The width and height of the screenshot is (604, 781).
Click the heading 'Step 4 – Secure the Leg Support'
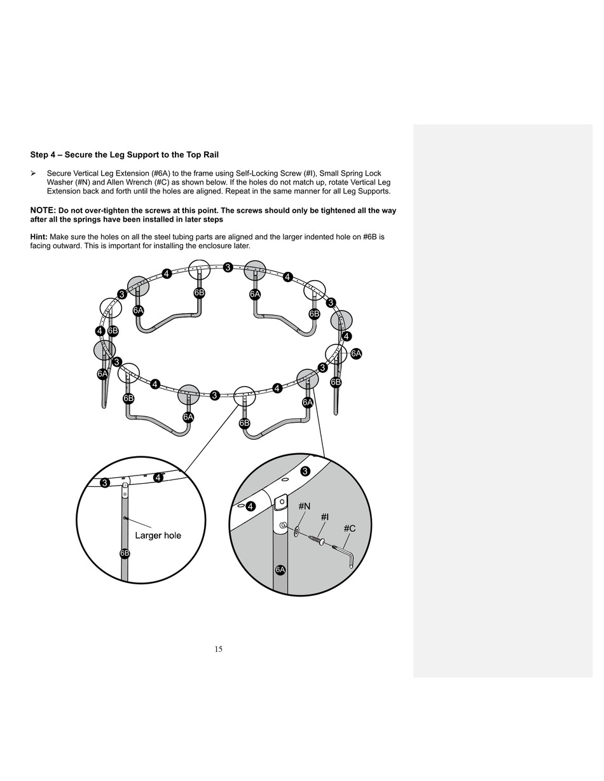pos(125,155)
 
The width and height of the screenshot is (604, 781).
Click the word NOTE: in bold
pos(43,211)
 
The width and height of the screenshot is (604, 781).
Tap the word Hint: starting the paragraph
pos(39,237)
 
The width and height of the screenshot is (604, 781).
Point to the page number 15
pos(218,649)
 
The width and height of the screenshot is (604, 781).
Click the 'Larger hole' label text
pos(158,535)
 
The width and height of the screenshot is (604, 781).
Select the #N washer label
pos(304,506)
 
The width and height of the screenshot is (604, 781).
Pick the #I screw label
pos(324,517)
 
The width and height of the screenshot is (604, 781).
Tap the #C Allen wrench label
pos(349,528)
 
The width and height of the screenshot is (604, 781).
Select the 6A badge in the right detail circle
pos(280,569)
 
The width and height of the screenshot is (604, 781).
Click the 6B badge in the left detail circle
pos(125,553)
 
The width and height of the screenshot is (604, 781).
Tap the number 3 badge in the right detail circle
pos(305,471)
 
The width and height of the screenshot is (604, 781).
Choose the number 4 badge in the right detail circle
pos(251,507)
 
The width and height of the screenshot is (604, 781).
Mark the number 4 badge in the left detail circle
pos(158,477)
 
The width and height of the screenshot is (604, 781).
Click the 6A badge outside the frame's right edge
pos(356,353)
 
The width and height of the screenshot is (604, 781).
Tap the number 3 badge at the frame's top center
pos(228,267)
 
